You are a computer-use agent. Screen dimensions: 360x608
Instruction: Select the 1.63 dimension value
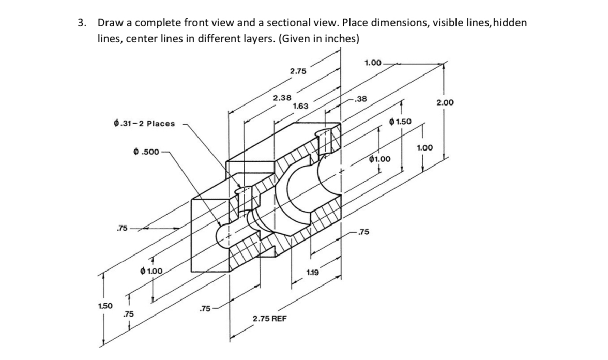pyautogui.click(x=300, y=106)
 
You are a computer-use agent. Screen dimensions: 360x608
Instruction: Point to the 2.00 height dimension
pyautogui.click(x=445, y=103)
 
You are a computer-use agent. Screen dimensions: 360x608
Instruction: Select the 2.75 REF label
pyautogui.click(x=270, y=319)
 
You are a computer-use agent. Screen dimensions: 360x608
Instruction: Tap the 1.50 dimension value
pyautogui.click(x=106, y=306)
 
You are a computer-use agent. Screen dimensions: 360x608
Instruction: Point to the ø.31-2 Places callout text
pyautogui.click(x=144, y=124)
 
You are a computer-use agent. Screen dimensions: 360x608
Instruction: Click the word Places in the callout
pyautogui.click(x=162, y=124)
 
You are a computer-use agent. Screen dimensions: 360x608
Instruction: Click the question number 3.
pyautogui.click(x=81, y=23)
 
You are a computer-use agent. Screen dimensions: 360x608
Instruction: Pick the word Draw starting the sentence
pyautogui.click(x=109, y=23)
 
